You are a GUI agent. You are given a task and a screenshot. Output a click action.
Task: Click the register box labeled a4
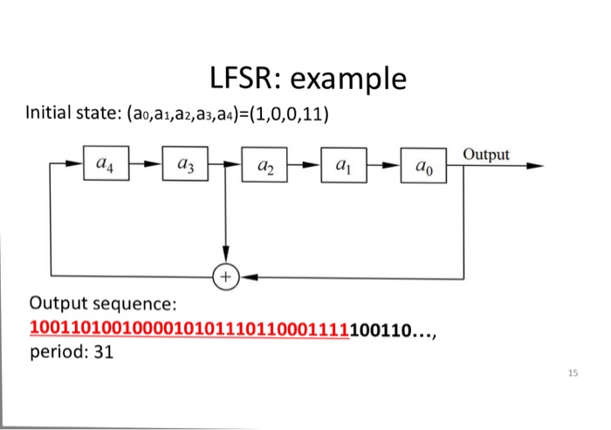pyautogui.click(x=106, y=163)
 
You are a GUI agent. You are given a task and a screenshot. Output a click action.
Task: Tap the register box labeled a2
pyautogui.click(x=267, y=164)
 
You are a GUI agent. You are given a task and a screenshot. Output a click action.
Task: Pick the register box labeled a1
pyautogui.click(x=343, y=164)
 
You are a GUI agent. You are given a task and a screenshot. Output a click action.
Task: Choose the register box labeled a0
pyautogui.click(x=423, y=164)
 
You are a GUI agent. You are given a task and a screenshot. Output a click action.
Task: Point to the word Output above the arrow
pyautogui.click(x=485, y=155)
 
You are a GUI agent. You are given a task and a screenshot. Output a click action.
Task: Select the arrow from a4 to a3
pyautogui.click(x=146, y=163)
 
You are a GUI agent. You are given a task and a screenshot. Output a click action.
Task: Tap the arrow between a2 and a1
pyautogui.click(x=305, y=164)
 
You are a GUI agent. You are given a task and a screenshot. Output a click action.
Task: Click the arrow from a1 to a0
pyautogui.click(x=382, y=164)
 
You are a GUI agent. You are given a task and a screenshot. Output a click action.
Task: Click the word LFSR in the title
pyautogui.click(x=244, y=80)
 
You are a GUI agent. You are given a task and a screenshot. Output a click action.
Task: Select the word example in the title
pyautogui.click(x=348, y=80)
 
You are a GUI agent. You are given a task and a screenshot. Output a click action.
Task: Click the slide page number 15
pyautogui.click(x=573, y=373)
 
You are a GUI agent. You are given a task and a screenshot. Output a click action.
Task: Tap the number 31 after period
pyautogui.click(x=103, y=352)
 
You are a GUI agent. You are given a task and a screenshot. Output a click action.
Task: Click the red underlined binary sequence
pyautogui.click(x=189, y=329)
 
